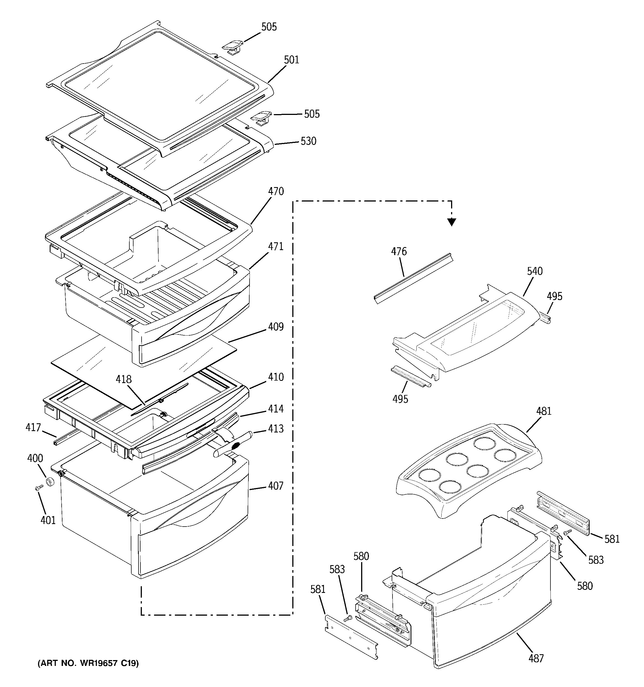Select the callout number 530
[308, 141]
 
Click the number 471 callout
[276, 246]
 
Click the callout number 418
[124, 379]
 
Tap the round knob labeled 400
[51, 481]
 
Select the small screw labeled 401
[38, 488]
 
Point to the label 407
[276, 486]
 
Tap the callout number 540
[534, 271]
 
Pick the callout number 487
[536, 658]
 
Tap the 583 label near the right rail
[596, 560]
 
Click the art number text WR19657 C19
[88, 663]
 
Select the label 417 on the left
[33, 427]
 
